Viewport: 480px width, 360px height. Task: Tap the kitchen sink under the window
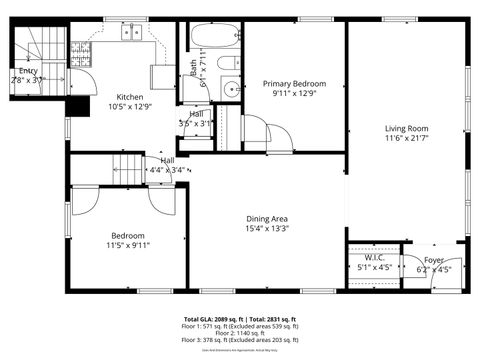click(x=130, y=34)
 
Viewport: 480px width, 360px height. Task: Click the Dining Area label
click(x=267, y=218)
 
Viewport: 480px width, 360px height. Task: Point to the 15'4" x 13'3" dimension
click(x=267, y=228)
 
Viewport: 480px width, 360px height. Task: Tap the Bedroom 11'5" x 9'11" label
click(x=127, y=236)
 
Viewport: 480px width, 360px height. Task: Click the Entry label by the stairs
click(x=28, y=71)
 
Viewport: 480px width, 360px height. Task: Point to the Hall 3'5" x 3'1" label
click(x=197, y=114)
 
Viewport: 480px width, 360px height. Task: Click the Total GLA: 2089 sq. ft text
click(x=206, y=318)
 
